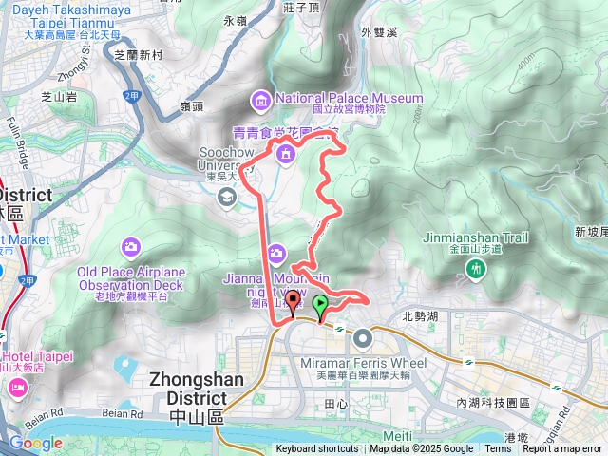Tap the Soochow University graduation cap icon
tap(227, 197)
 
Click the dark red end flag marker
tap(293, 303)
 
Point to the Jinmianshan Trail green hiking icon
tap(476, 271)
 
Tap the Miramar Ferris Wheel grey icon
tap(363, 338)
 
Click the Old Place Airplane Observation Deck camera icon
tap(130, 248)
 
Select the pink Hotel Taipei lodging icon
tap(17, 388)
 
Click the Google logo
tap(35, 443)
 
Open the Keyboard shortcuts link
tap(317, 449)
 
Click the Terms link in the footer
tap(497, 449)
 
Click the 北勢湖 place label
tap(420, 316)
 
